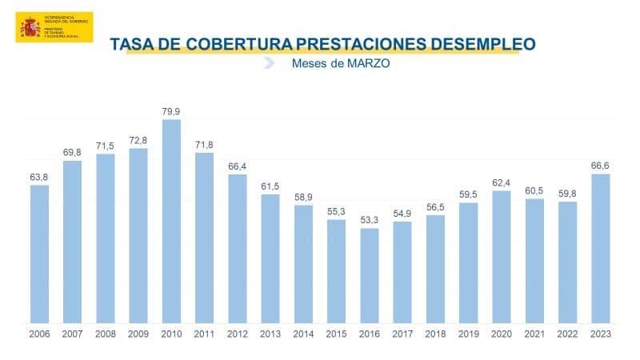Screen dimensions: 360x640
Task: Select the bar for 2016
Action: (370, 276)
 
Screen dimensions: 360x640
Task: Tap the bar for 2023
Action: (600, 249)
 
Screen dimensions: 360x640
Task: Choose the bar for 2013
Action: (270, 259)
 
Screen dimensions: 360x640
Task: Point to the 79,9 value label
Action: (171, 111)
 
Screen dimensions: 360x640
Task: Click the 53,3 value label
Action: (370, 220)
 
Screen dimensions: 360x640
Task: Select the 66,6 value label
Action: (600, 166)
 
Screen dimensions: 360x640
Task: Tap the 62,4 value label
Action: (502, 182)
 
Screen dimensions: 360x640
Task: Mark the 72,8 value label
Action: (138, 141)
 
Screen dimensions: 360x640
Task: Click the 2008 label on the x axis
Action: (105, 334)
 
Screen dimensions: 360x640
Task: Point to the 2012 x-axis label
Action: (238, 334)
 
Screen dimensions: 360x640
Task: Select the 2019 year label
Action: (468, 334)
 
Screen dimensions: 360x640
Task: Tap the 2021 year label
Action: (534, 334)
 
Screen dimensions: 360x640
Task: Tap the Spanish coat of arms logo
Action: (30, 28)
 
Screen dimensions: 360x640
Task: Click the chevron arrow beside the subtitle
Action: (270, 63)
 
